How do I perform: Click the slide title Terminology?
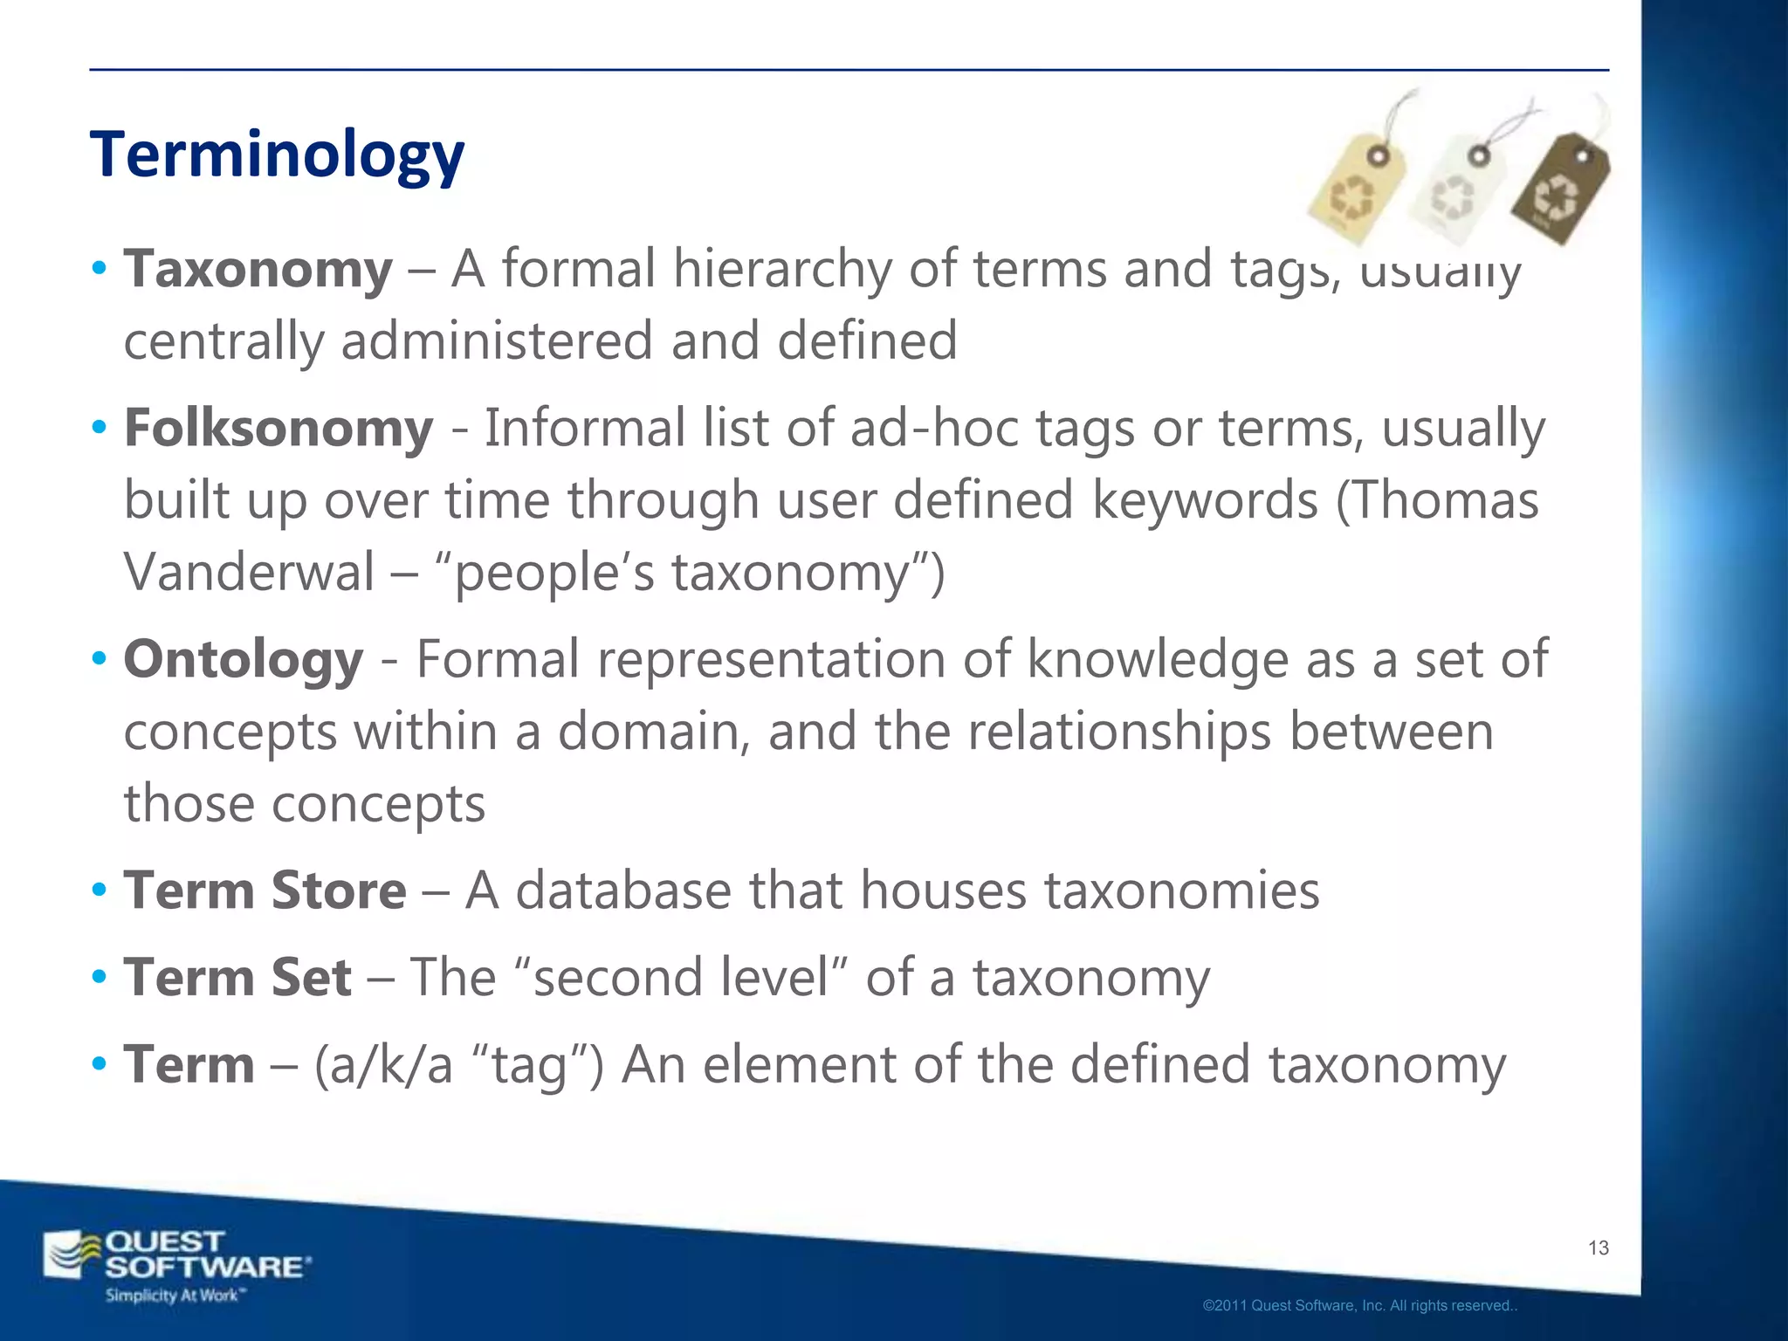tap(277, 155)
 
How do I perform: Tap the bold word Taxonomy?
tap(258, 269)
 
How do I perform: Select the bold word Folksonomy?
tap(279, 429)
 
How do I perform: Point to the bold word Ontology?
tap(244, 659)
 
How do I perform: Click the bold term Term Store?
tap(265, 891)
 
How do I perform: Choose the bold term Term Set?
tap(237, 977)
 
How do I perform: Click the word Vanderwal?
tap(249, 573)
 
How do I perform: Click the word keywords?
tap(1205, 500)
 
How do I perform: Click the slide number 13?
tap(1599, 1248)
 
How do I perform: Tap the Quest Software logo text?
tap(206, 1255)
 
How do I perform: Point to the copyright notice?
tap(1359, 1306)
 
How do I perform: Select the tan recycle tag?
tap(1356, 185)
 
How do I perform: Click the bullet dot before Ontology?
tap(100, 657)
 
